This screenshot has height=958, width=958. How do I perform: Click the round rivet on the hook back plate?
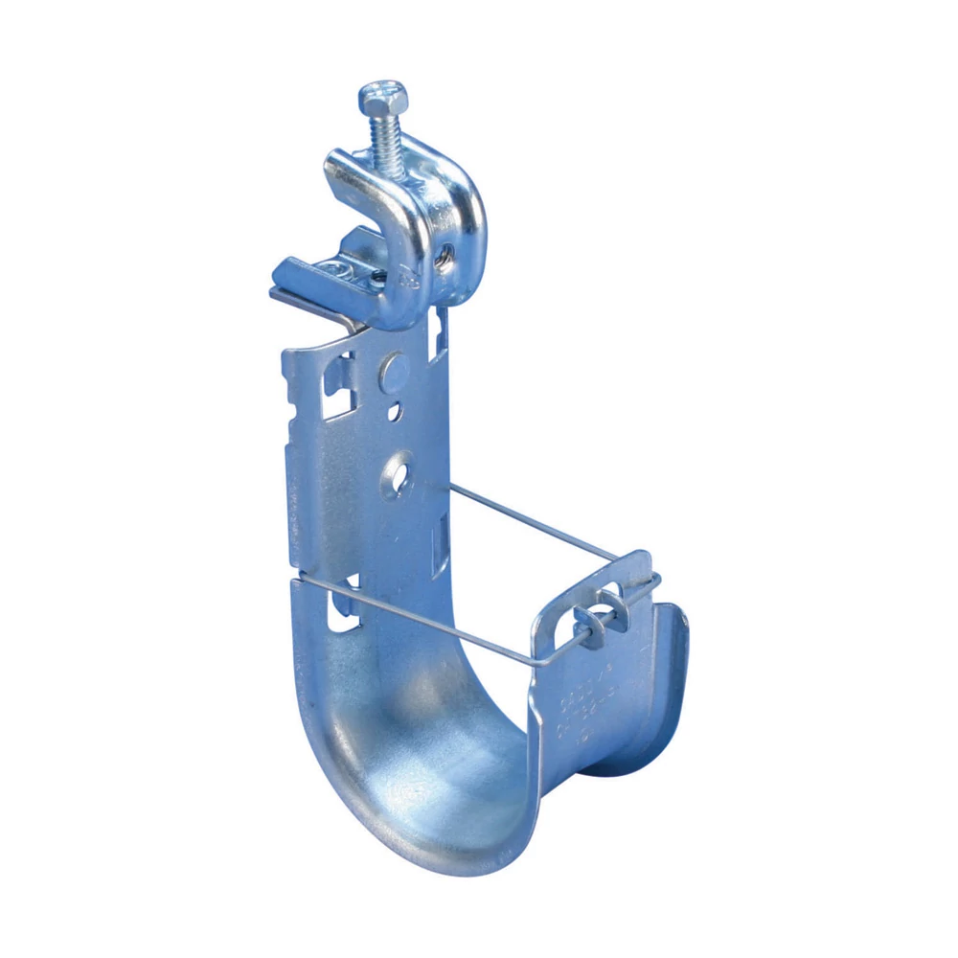(392, 370)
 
